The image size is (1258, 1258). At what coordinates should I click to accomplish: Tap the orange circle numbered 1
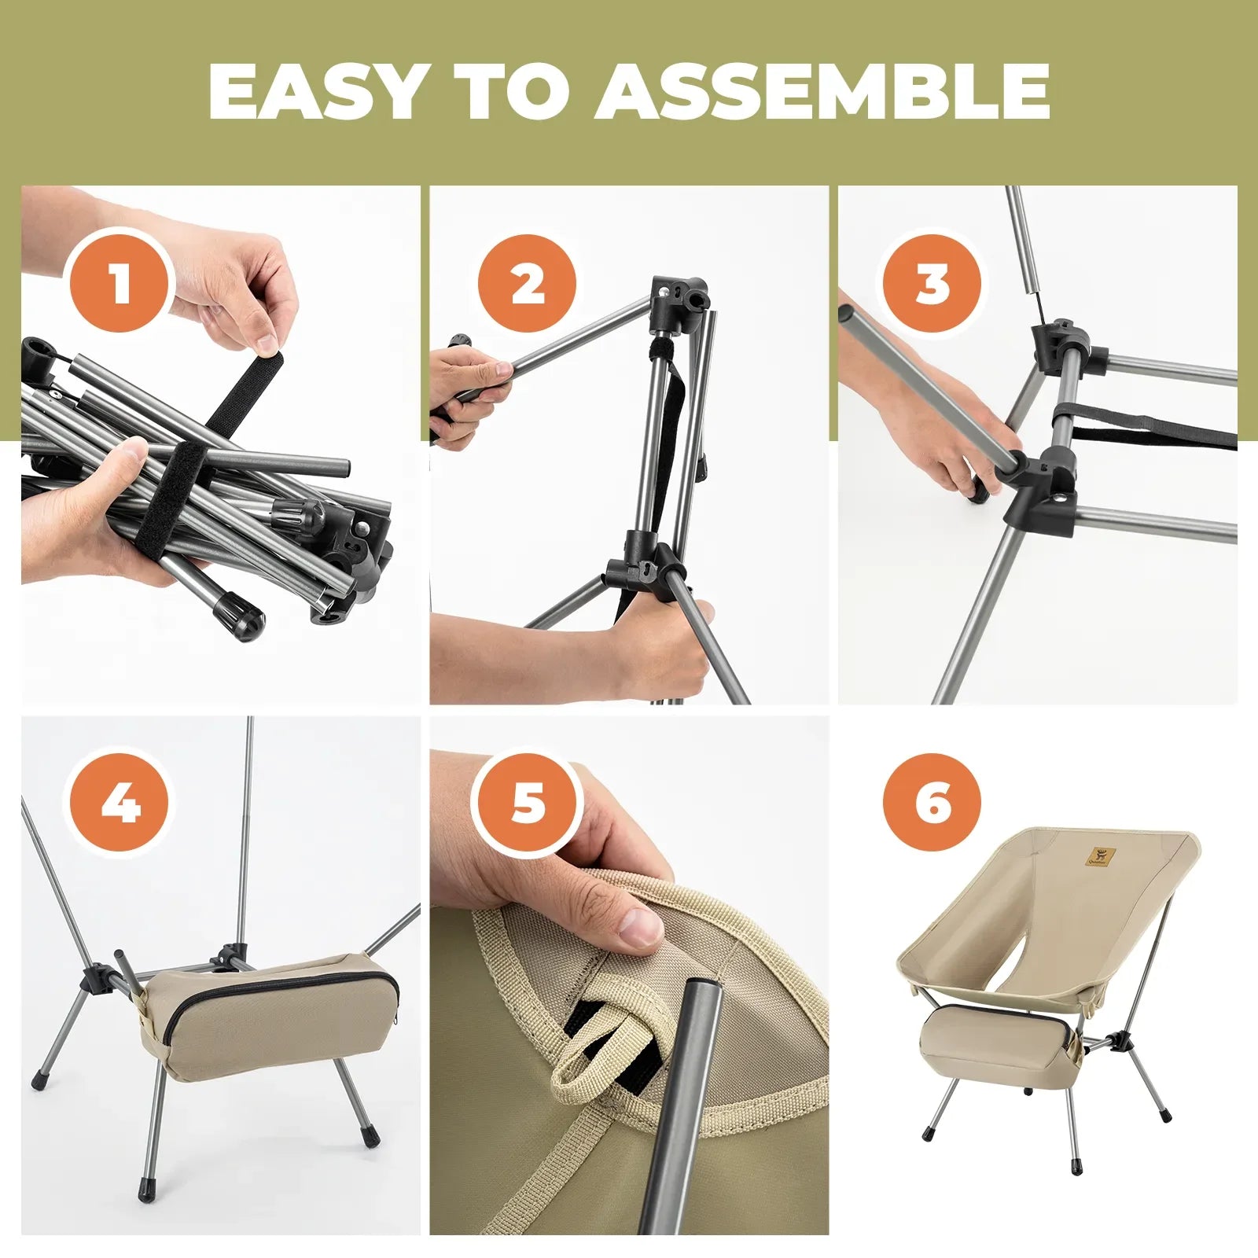click(120, 283)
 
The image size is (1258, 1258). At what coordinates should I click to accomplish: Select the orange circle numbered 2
click(528, 283)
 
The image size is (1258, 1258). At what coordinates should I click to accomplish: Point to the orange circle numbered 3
click(932, 283)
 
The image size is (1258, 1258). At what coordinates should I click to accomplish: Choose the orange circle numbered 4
click(120, 804)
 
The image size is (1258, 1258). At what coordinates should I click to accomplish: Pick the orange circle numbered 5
click(528, 804)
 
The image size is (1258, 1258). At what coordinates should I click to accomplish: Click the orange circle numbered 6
click(932, 804)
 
